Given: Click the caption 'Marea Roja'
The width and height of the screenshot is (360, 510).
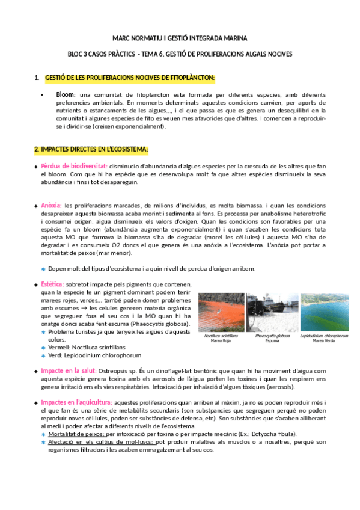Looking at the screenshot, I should tap(222, 340).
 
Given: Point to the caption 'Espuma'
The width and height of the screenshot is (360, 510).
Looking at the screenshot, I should tap(272, 340).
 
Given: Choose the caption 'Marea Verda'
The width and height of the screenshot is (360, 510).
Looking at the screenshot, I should tap(324, 340).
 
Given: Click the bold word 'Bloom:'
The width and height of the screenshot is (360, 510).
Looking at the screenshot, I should tap(66, 95).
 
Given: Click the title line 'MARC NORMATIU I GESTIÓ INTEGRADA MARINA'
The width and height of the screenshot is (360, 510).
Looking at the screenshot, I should tap(179, 38).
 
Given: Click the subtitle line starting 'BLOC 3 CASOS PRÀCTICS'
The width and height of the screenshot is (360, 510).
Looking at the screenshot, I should tap(180, 54).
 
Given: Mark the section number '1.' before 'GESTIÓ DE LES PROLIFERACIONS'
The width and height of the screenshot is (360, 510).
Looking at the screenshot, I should tap(37, 78).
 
